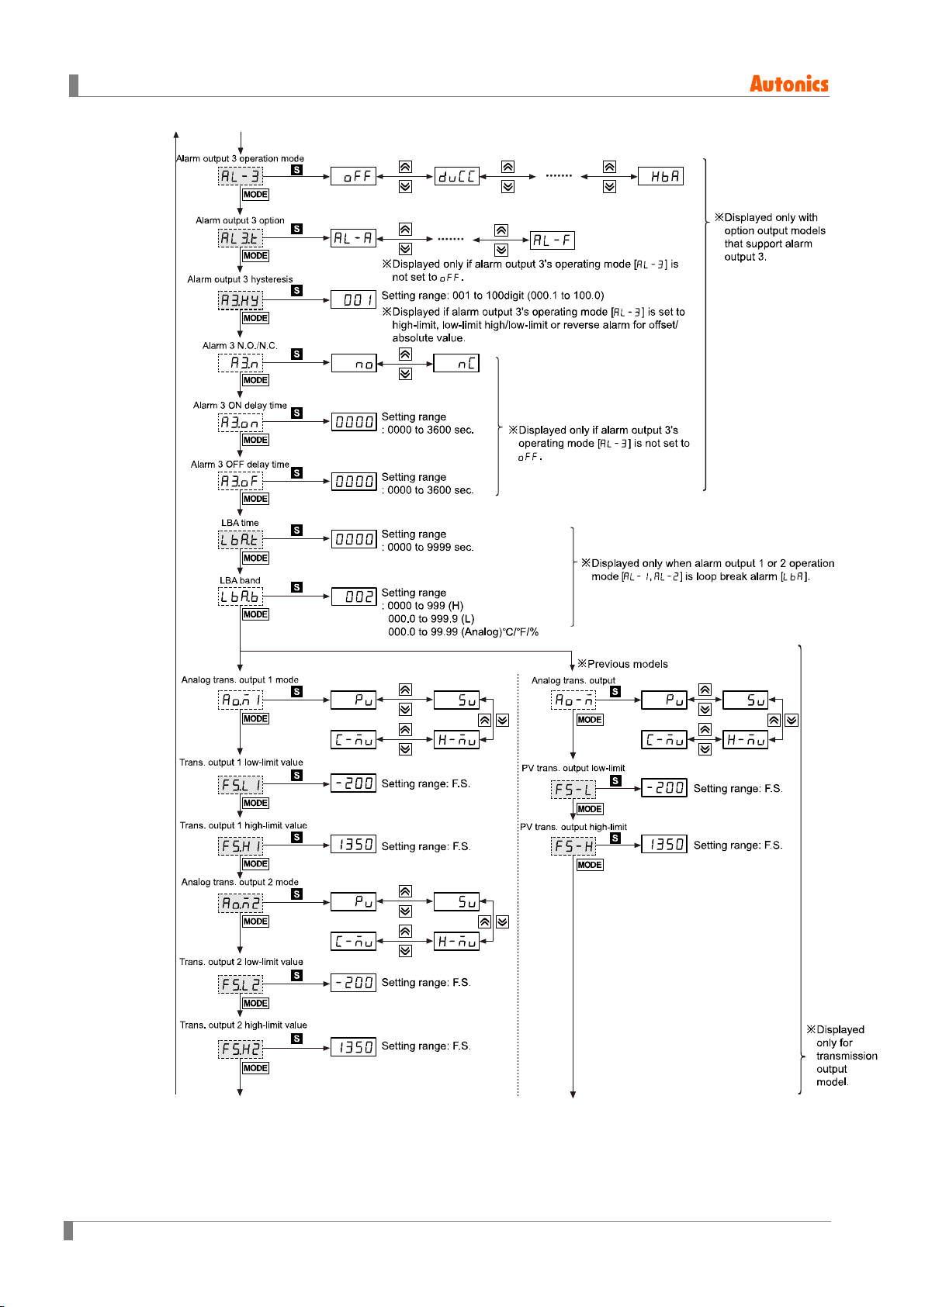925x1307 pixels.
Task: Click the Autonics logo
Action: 788,84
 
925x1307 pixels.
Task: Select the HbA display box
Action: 660,176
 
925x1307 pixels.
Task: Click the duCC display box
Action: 456,176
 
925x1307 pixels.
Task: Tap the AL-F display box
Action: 552,240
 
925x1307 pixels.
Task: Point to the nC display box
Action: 456,364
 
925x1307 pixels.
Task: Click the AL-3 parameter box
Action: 241,176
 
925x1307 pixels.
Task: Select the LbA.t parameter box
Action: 241,540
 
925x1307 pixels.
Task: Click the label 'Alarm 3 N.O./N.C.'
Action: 240,345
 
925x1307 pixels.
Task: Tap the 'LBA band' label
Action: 240,580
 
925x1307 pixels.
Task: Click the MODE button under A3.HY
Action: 255,318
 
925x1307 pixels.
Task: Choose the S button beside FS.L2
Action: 297,975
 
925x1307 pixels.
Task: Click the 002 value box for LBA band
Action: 354,596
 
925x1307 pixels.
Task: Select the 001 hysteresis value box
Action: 354,300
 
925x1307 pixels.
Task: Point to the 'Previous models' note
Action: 622,664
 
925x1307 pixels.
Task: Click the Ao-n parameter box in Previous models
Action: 573,700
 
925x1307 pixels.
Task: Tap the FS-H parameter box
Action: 573,845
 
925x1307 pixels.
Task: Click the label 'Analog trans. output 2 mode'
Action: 240,882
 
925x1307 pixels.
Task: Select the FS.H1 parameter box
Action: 241,845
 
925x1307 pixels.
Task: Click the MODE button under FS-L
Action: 590,809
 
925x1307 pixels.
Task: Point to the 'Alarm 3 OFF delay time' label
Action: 240,465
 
